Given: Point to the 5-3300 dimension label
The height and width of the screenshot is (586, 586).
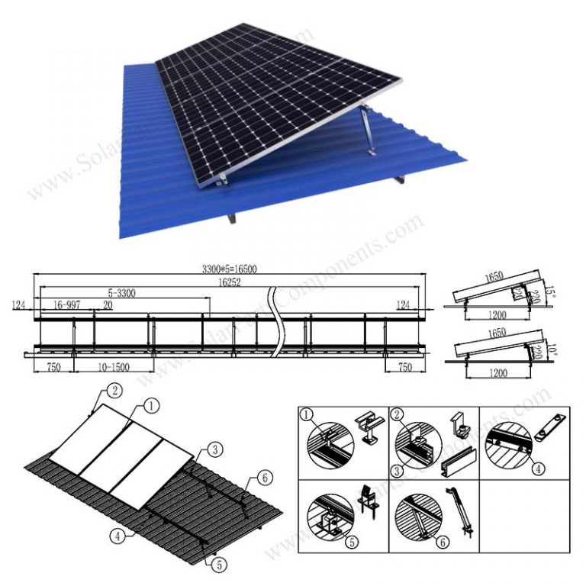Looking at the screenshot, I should tap(123, 291).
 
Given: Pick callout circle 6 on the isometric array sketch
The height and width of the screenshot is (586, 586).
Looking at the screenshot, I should tap(264, 478).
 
